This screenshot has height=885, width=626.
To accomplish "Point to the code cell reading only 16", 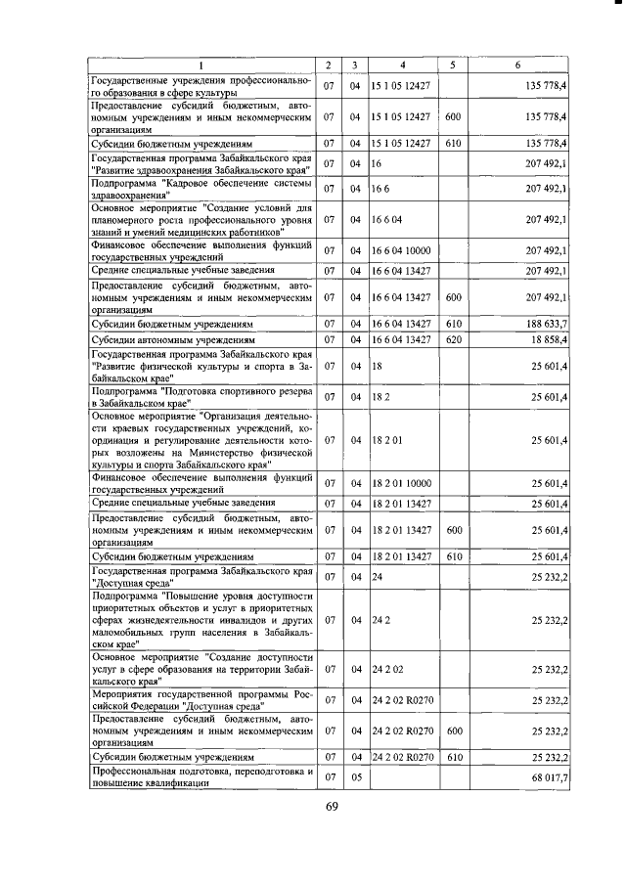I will tap(377, 162).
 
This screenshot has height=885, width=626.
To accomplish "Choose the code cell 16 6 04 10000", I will tap(401, 250).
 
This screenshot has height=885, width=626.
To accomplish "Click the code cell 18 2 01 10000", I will tap(401, 483).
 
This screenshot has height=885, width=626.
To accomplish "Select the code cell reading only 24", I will tap(377, 577).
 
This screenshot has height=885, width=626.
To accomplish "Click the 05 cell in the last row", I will tap(356, 776).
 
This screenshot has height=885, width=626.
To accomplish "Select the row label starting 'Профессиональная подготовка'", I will tap(201, 776).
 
